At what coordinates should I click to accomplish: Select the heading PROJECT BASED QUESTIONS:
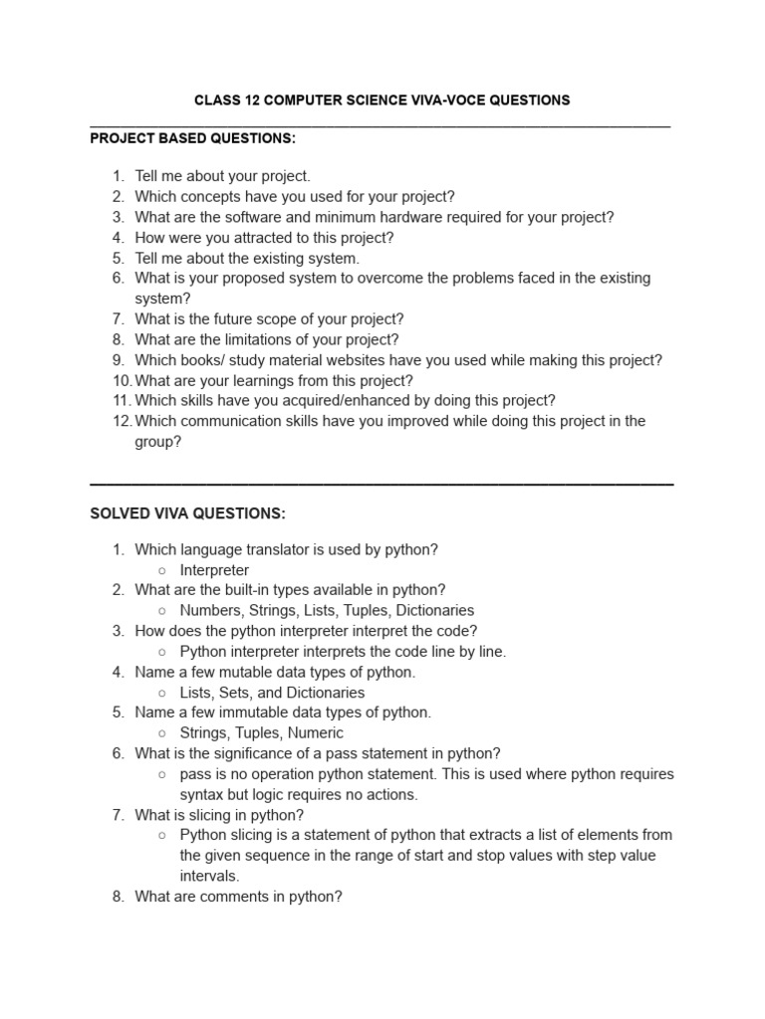point(192,137)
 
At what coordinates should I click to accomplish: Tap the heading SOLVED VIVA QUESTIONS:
point(187,513)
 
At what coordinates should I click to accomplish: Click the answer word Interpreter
point(214,570)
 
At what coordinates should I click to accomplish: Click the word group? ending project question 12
point(158,442)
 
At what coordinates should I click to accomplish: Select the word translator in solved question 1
point(278,549)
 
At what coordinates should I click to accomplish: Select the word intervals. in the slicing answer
point(209,876)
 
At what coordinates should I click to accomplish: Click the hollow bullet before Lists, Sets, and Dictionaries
point(161,693)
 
